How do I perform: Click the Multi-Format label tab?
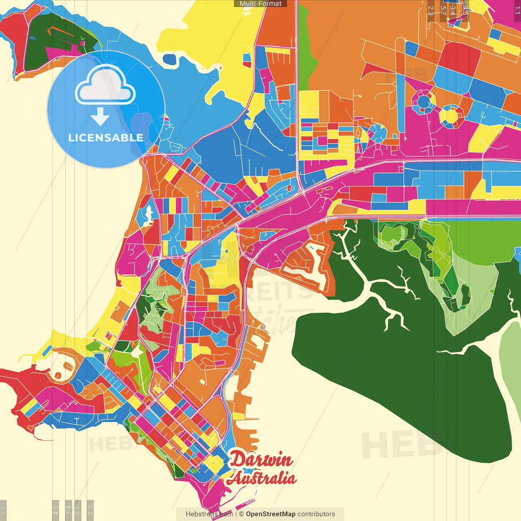point(260,4)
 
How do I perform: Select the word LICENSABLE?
point(106,138)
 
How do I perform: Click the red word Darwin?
point(261,460)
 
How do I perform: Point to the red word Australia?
point(262,478)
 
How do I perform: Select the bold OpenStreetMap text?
point(270,514)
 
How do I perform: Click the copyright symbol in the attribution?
point(241,514)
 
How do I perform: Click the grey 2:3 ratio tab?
point(90,510)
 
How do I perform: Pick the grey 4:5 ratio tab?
point(56,510)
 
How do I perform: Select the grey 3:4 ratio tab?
point(68,510)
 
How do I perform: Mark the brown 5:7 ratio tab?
point(443,10)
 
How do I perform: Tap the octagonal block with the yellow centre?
point(450,115)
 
